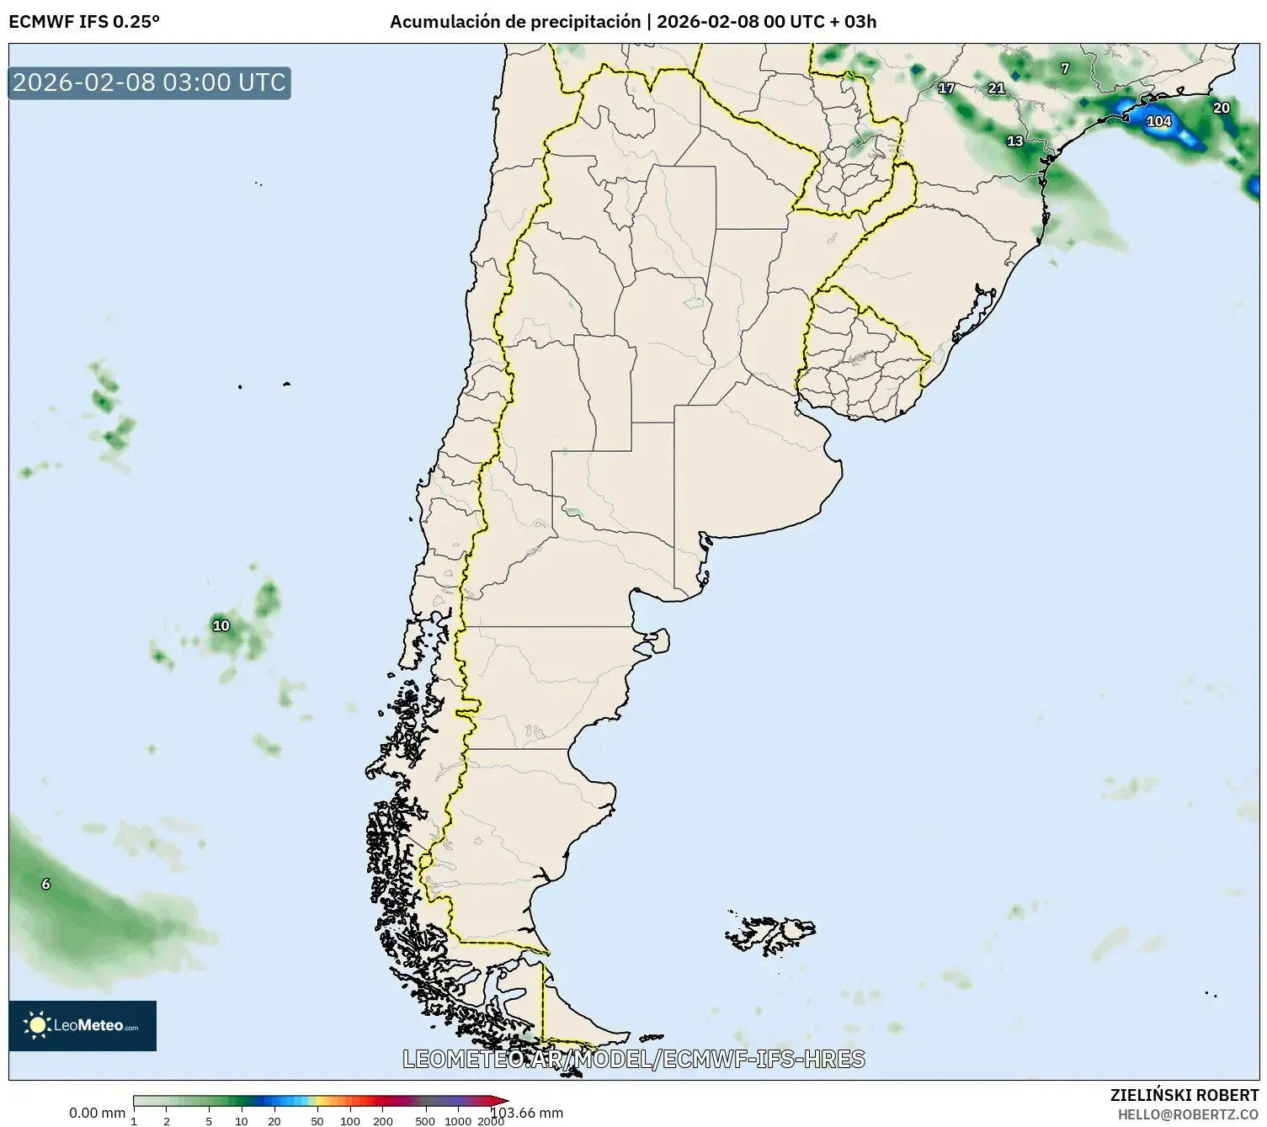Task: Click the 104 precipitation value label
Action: click(x=1159, y=121)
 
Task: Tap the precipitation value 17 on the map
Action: click(x=946, y=88)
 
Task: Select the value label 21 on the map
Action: click(x=997, y=88)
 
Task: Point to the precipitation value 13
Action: click(x=1015, y=141)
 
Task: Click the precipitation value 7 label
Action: click(x=1065, y=68)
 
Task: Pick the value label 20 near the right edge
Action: click(x=1222, y=108)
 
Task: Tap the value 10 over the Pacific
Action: click(x=221, y=625)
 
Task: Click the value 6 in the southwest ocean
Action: click(x=46, y=884)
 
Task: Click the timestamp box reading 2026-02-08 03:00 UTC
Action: click(x=150, y=82)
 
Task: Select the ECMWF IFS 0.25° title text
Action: click(x=84, y=22)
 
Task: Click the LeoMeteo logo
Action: click(x=83, y=1025)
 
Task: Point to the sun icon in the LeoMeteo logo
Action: click(x=38, y=1024)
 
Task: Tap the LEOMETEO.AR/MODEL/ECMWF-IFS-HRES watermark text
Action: click(x=634, y=1059)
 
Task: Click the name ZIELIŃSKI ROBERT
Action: click(x=1184, y=1095)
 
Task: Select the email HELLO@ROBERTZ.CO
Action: click(x=1188, y=1114)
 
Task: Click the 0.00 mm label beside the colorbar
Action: click(x=97, y=1113)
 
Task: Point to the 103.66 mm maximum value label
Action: click(x=527, y=1113)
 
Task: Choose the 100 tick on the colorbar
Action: click(x=350, y=1120)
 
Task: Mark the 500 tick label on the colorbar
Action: click(x=425, y=1120)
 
